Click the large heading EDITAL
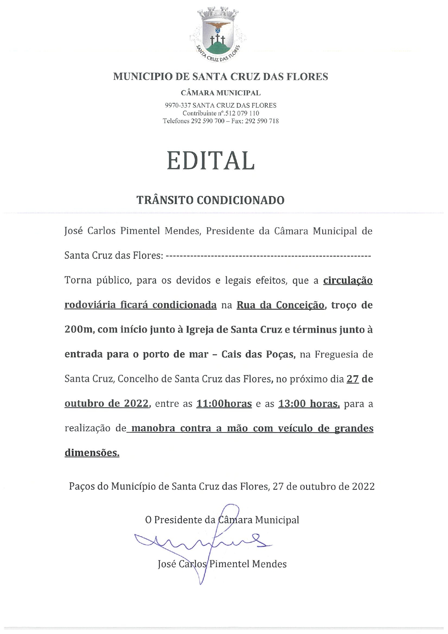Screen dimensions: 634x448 [x=211, y=160]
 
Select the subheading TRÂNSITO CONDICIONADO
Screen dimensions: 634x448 [x=210, y=200]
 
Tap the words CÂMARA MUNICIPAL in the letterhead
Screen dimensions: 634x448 [x=221, y=93]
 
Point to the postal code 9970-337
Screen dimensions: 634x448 [x=178, y=105]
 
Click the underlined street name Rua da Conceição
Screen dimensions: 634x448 [x=280, y=305]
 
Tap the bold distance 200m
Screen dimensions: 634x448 [x=78, y=330]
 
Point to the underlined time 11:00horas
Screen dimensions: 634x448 [x=224, y=404]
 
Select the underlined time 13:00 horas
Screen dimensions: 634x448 [x=309, y=404]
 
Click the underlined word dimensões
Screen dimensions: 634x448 [x=92, y=453]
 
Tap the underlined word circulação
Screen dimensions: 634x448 [x=348, y=281]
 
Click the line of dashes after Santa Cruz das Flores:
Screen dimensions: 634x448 [x=269, y=256]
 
